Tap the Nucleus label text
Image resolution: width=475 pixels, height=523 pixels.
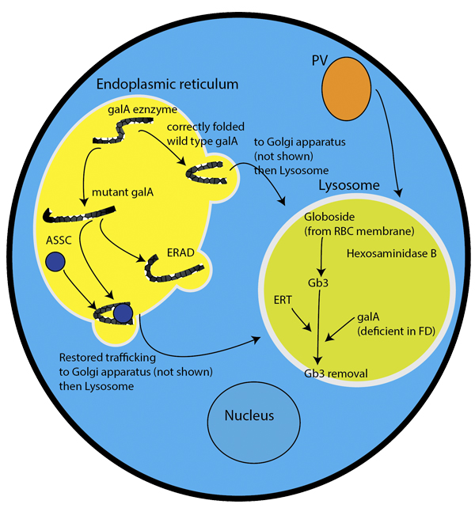[249, 415]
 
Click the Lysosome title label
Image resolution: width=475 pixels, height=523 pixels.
[348, 187]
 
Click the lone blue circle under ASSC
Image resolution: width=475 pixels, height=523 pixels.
[55, 260]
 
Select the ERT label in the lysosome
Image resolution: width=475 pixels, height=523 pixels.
[283, 300]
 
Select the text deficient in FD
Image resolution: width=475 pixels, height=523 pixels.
[391, 328]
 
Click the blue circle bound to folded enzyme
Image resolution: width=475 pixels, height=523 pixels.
[122, 314]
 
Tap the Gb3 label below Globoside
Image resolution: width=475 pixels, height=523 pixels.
[318, 282]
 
